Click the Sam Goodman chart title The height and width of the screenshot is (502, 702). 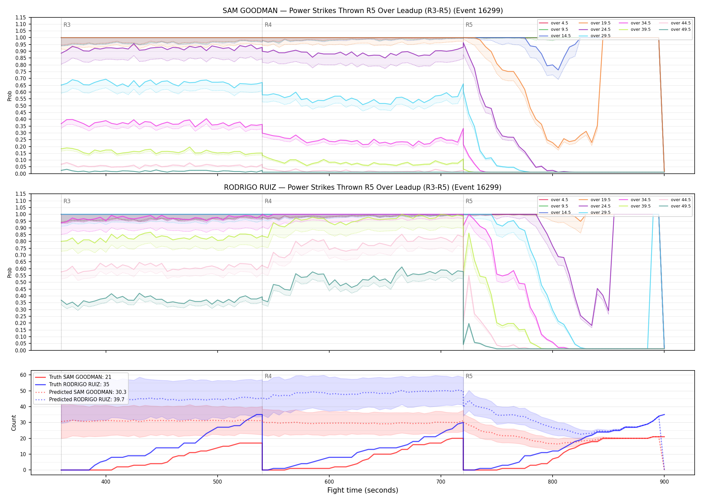[x=363, y=11]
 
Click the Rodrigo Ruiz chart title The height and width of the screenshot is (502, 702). [x=363, y=187]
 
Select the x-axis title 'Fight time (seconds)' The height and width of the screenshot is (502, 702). [x=363, y=490]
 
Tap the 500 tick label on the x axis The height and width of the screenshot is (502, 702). [x=218, y=481]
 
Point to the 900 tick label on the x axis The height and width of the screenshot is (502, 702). [x=664, y=481]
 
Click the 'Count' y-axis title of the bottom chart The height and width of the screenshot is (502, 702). [x=14, y=423]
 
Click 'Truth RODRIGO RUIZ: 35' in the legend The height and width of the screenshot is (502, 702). [x=72, y=384]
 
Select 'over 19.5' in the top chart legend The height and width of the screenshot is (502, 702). [x=595, y=23]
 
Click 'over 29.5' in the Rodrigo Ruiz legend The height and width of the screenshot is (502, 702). [x=595, y=213]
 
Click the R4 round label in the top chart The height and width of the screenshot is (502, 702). [x=268, y=25]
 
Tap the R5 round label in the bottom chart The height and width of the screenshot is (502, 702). [x=469, y=376]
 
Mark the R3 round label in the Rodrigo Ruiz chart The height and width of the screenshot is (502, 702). [x=67, y=201]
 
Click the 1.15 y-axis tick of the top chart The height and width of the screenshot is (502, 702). [x=21, y=17]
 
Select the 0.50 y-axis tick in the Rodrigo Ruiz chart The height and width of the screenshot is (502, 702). [x=21, y=282]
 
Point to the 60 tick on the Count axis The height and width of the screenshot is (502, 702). [x=23, y=375]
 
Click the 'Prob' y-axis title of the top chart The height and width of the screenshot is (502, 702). [x=10, y=96]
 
